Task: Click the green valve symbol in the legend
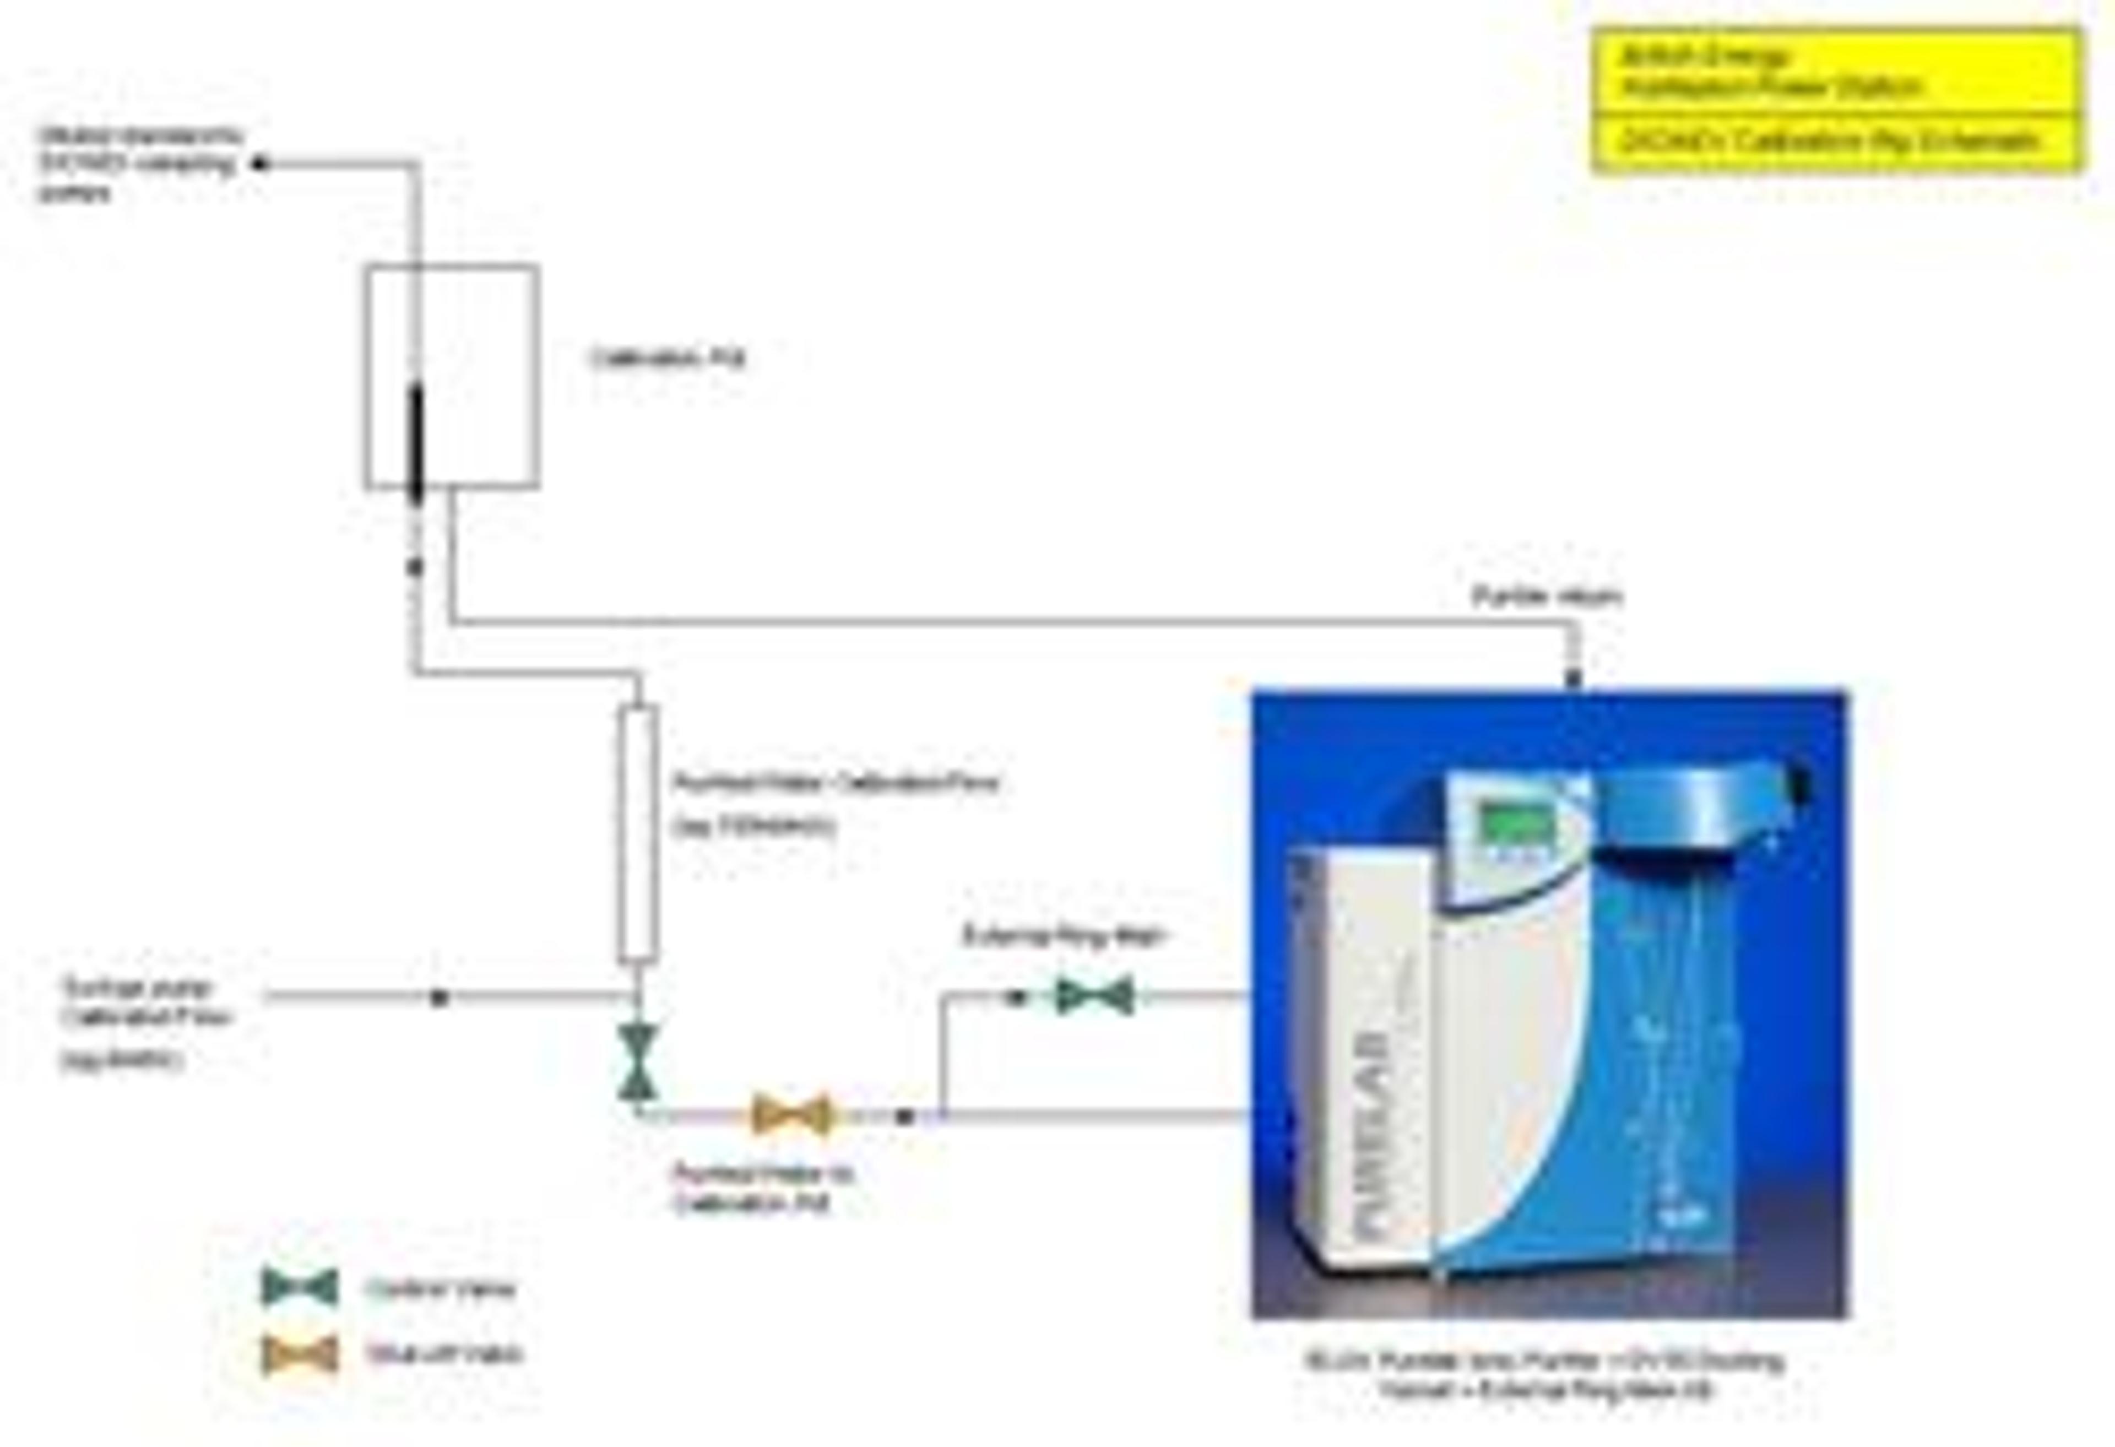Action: tap(300, 1288)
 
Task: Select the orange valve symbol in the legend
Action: tap(300, 1353)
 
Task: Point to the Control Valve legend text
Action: tap(440, 1289)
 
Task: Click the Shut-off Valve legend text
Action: tap(444, 1354)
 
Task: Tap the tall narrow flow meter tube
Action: tap(637, 833)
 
